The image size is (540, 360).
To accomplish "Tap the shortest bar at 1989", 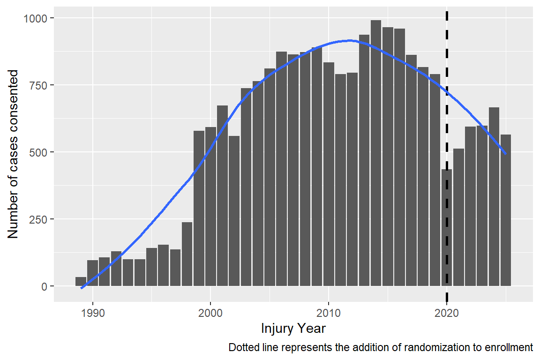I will tap(81, 281).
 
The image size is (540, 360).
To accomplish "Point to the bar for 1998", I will tap(187, 254).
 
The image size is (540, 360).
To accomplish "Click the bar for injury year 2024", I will tap(494, 196).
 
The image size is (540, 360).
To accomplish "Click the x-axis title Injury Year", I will tap(293, 329).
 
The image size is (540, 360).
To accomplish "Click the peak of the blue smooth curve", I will tap(349, 41).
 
